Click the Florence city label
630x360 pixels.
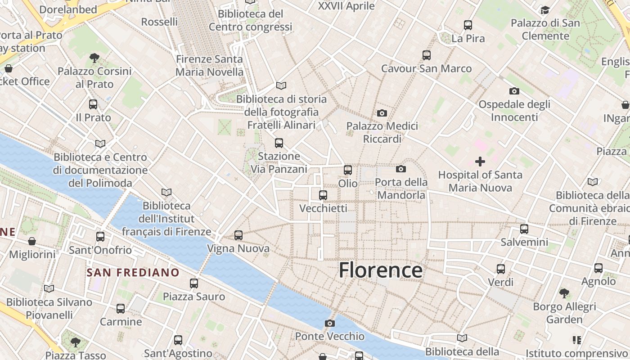[380, 270]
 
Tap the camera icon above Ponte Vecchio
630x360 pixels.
[330, 323]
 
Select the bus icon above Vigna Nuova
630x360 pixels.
[238, 235]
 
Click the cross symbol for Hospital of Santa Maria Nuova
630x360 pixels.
[480, 161]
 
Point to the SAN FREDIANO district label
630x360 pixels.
[133, 272]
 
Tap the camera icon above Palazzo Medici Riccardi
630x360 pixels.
[382, 113]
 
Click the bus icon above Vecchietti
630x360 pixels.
[323, 195]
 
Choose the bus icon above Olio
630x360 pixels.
[348, 170]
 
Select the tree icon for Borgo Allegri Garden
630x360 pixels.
[564, 293]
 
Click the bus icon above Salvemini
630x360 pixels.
[524, 229]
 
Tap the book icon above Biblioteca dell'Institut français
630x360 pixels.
[166, 192]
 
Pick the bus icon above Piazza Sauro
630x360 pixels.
[194, 283]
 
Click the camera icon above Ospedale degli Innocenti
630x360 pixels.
[514, 91]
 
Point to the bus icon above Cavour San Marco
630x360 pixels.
[427, 55]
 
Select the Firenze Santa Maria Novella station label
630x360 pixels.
[209, 65]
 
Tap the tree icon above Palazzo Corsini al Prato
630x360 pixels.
[94, 58]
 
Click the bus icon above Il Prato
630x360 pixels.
[93, 104]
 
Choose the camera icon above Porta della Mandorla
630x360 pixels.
[401, 169]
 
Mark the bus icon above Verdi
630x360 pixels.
[501, 269]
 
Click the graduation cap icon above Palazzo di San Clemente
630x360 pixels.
[545, 10]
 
